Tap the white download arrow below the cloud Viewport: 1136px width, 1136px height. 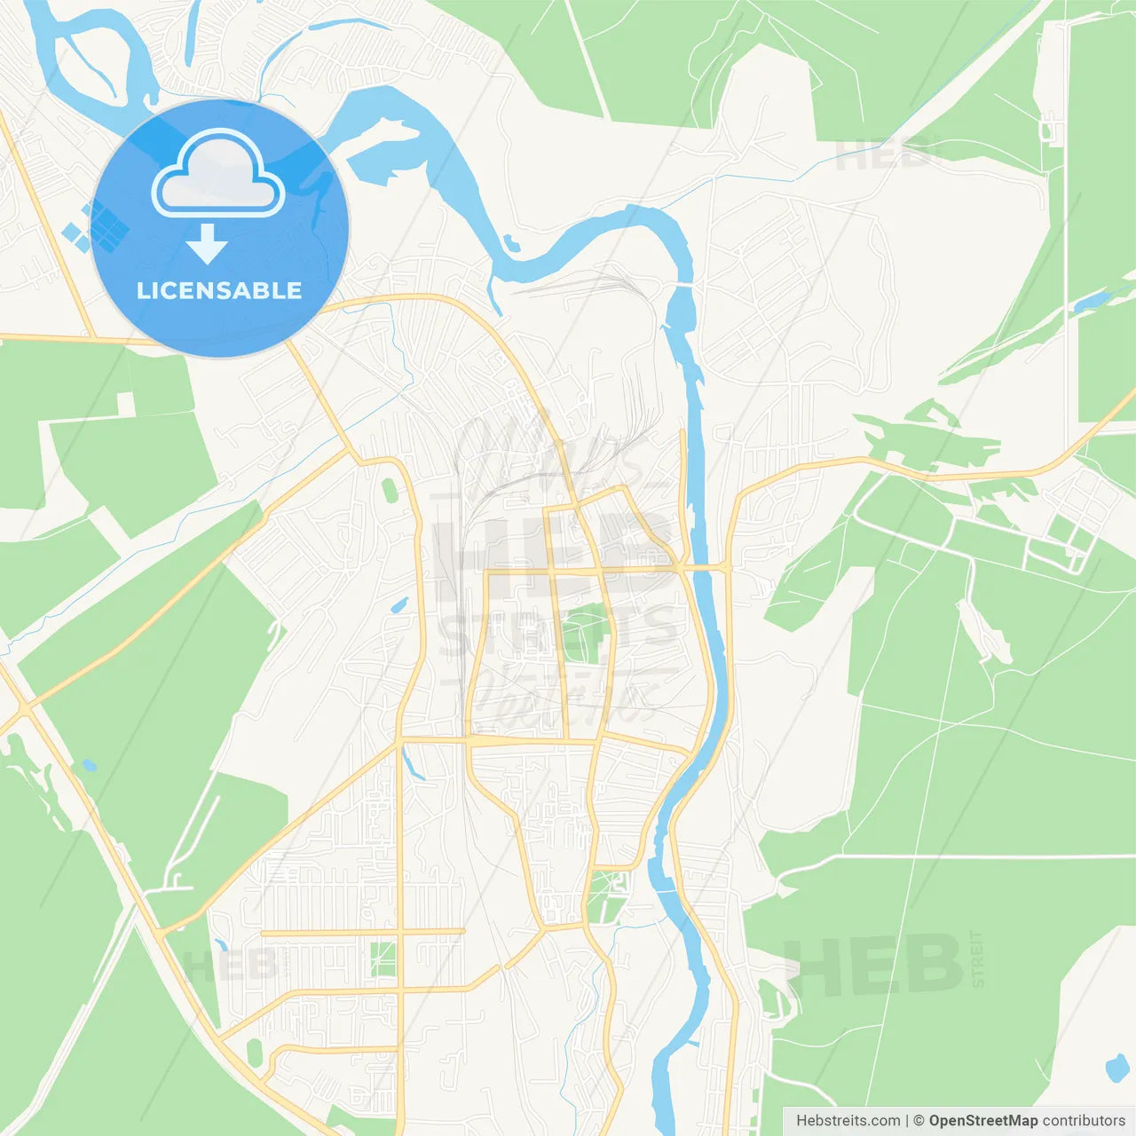click(x=207, y=243)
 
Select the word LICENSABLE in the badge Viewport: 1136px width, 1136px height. click(x=219, y=290)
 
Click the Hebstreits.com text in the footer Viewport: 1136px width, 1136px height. click(x=848, y=1121)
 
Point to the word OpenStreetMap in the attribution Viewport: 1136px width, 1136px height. click(x=983, y=1121)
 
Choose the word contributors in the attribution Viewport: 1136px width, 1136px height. click(x=1084, y=1121)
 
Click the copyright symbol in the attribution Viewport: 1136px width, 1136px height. click(x=919, y=1121)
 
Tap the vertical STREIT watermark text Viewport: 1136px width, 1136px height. click(x=978, y=958)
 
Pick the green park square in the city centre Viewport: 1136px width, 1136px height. click(x=581, y=633)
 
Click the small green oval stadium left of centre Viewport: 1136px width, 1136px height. click(x=389, y=489)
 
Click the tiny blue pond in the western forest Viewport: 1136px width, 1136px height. click(x=88, y=764)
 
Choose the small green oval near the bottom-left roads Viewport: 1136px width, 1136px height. click(x=255, y=1053)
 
